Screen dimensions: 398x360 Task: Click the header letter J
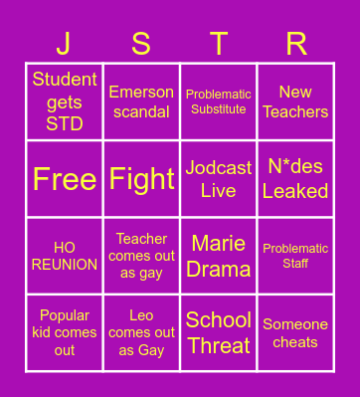pos(65,44)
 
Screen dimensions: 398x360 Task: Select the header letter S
pos(141,44)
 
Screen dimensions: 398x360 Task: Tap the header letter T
pos(219,44)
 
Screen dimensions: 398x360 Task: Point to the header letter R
pos(295,44)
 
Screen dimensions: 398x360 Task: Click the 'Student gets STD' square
pos(65,101)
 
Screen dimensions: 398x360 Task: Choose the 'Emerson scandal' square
pos(141,101)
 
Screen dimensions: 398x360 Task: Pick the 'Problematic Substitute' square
pos(219,101)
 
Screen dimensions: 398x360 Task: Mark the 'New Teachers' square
pos(295,101)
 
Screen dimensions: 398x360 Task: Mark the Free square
pos(65,179)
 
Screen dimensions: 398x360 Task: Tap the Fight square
pos(141,179)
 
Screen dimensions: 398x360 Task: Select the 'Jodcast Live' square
pos(219,179)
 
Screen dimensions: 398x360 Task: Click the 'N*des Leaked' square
pos(295,179)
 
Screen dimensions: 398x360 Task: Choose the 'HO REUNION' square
pos(65,256)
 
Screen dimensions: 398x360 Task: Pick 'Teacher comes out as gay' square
pos(141,256)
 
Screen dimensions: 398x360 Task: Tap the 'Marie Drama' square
pos(219,256)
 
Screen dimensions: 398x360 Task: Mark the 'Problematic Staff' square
pos(295,256)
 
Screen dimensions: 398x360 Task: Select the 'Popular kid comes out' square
pos(65,332)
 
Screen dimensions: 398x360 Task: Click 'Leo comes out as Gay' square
pos(141,332)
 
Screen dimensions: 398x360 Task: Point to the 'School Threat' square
pos(219,332)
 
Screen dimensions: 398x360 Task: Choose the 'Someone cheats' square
pos(295,332)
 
